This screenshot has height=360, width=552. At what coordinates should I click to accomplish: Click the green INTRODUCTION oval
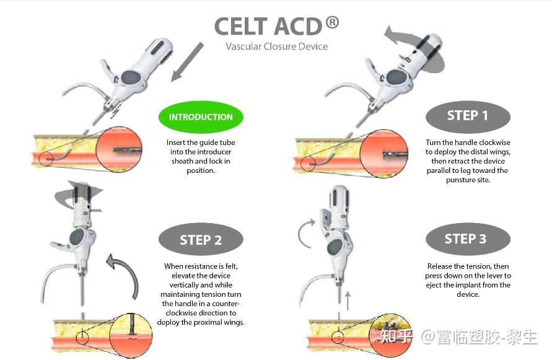tap(201, 117)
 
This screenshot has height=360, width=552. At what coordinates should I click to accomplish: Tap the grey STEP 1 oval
tap(468, 116)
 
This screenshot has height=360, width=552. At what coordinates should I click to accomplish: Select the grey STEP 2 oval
tap(201, 240)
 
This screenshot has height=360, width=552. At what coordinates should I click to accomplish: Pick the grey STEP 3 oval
tap(468, 239)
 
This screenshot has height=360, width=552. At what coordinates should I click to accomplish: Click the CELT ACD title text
tap(268, 27)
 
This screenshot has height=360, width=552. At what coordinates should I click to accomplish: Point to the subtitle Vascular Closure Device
tap(277, 46)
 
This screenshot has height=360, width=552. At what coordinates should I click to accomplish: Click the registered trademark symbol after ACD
tap(332, 22)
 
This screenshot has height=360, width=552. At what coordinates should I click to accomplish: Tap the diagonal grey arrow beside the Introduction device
tap(187, 62)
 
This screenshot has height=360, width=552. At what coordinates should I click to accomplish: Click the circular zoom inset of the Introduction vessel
tap(119, 150)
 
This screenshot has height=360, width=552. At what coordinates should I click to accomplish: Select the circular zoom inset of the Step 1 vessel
tap(383, 153)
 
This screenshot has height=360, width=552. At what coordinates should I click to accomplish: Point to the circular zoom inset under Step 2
tap(131, 335)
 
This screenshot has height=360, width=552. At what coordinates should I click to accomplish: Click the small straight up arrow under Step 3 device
tap(348, 301)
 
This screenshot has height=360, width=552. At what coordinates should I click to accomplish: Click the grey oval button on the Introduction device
tap(131, 76)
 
